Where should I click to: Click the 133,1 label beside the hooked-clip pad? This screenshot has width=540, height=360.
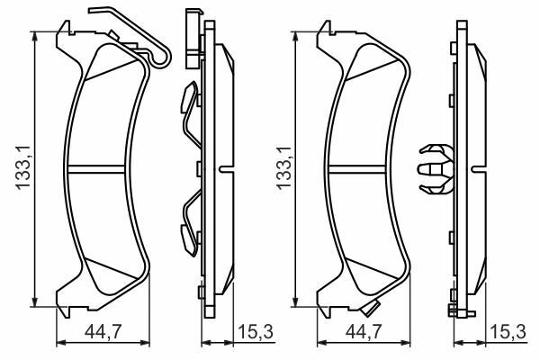(x=22, y=167)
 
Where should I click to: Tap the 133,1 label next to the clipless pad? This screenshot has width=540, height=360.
(x=283, y=167)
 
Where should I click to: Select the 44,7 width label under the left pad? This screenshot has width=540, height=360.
(x=103, y=332)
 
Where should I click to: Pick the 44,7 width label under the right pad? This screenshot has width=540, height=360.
(x=364, y=332)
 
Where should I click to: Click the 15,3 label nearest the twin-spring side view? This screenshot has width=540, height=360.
(x=256, y=332)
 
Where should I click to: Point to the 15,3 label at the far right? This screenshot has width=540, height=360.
(x=508, y=332)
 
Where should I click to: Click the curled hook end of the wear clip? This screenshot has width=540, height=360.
(x=162, y=58)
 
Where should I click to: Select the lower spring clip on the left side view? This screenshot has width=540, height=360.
(x=191, y=223)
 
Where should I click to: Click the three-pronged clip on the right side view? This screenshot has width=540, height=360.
(x=436, y=169)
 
